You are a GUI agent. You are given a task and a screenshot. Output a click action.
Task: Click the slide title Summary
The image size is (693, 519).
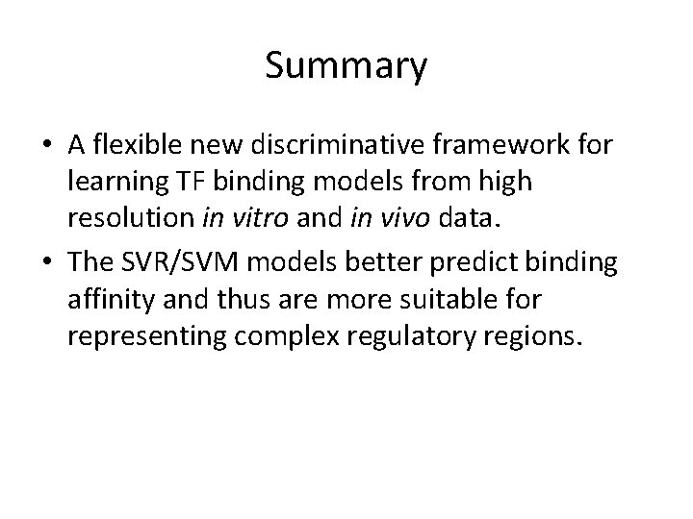click(x=346, y=67)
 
